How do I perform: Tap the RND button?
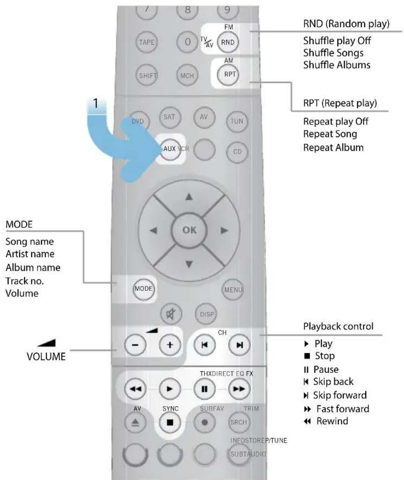(x=227, y=42)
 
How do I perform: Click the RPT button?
(x=229, y=74)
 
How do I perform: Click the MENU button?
(x=233, y=290)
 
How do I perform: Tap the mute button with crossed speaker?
(x=171, y=314)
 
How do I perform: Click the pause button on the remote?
(x=204, y=389)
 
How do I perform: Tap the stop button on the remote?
(x=170, y=423)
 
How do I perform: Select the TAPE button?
(x=147, y=42)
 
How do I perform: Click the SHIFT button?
(x=147, y=75)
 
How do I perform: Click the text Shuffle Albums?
(x=337, y=65)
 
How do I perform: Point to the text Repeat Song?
(x=330, y=134)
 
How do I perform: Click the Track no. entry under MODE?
(x=25, y=281)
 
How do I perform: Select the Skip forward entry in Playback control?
(x=335, y=395)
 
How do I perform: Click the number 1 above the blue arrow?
(x=96, y=103)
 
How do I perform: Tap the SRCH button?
(x=239, y=423)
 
